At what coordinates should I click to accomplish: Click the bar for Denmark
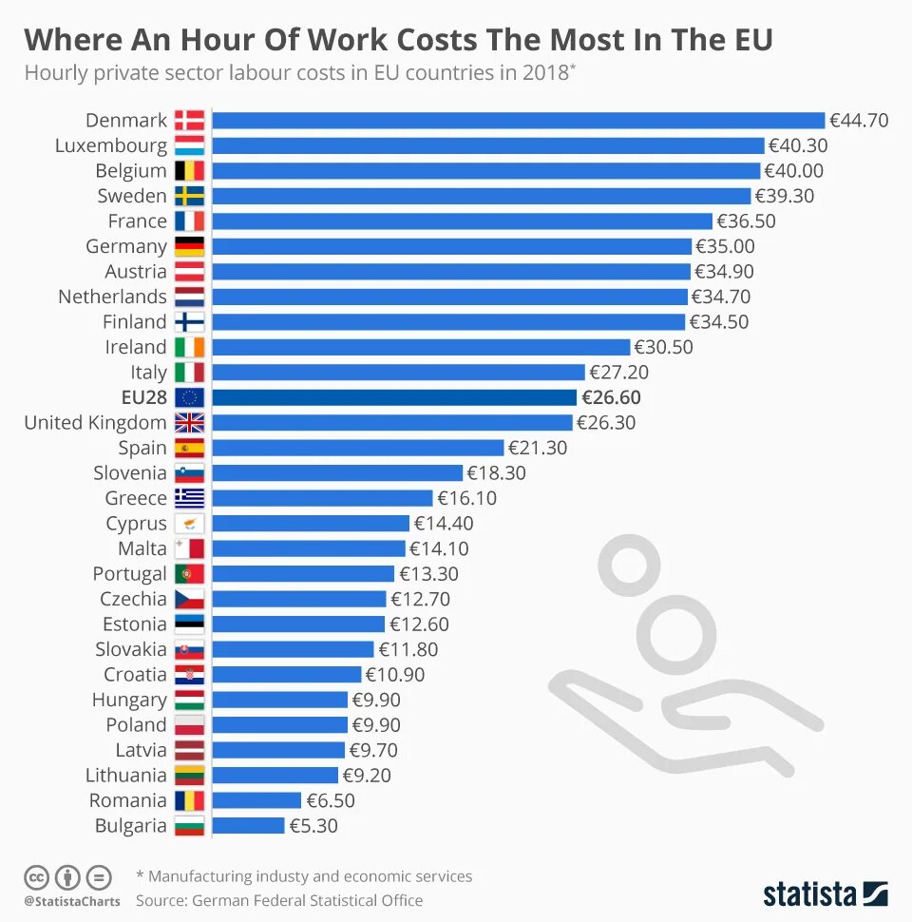[x=518, y=120]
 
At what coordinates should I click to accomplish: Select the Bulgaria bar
[x=248, y=825]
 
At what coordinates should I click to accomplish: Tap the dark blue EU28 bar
[x=394, y=397]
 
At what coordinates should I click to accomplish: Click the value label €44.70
[x=859, y=120]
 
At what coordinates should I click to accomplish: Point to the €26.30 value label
[x=606, y=422]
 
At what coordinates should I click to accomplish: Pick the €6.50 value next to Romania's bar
[x=330, y=800]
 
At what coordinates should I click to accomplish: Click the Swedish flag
[x=189, y=196]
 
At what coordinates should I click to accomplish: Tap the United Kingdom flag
[x=189, y=422]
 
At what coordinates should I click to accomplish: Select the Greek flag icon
[x=189, y=498]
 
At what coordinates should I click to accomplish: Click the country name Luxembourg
[x=110, y=145]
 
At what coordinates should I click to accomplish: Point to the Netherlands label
[x=112, y=297]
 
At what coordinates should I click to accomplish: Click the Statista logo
[x=825, y=893]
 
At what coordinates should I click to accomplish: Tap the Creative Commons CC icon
[x=36, y=876]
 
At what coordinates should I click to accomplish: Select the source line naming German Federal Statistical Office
[x=279, y=899]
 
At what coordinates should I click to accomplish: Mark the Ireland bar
[x=421, y=347]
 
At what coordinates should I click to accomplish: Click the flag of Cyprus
[x=189, y=523]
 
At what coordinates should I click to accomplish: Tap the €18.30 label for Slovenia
[x=496, y=472]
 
